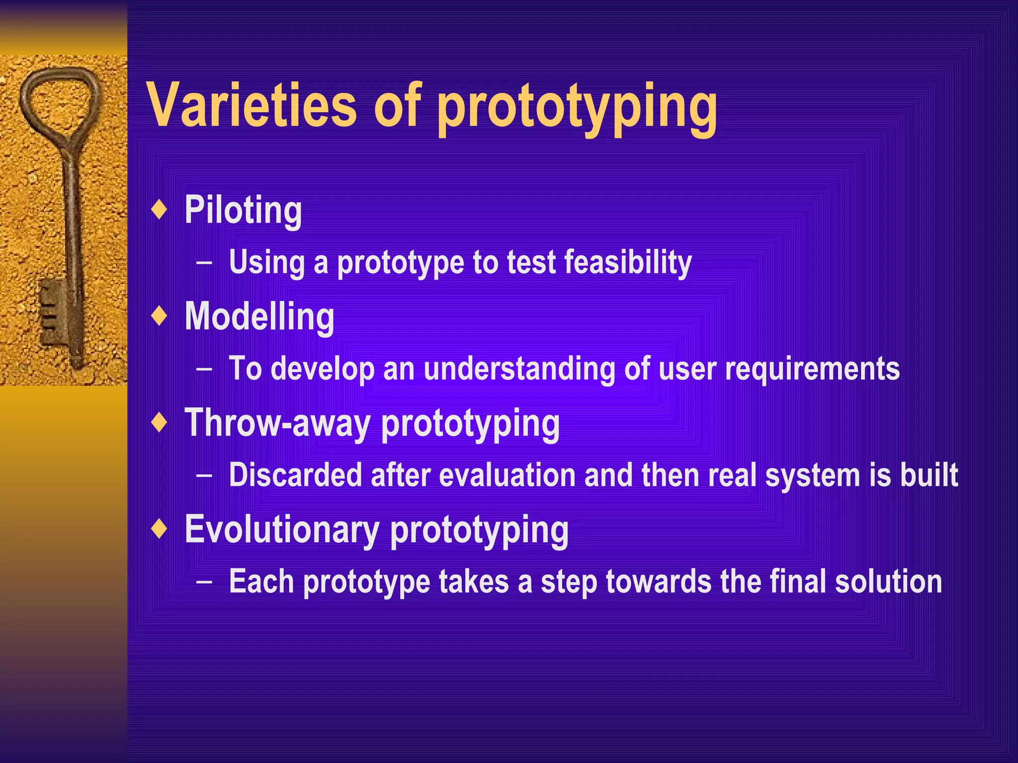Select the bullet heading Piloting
(243, 211)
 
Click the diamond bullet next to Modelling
(159, 316)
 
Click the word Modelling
(259, 317)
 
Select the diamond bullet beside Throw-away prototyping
(159, 423)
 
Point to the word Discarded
(295, 475)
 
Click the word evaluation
(508, 475)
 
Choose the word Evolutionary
(282, 530)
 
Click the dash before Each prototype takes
(204, 582)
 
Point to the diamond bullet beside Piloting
(159, 210)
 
